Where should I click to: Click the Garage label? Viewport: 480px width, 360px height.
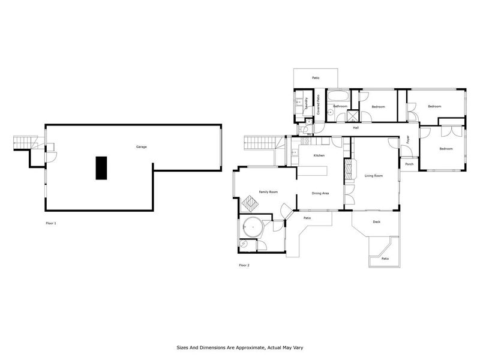(x=141, y=147)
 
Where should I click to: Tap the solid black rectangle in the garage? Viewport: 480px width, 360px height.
(x=101, y=167)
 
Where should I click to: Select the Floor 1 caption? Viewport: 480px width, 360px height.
(x=51, y=223)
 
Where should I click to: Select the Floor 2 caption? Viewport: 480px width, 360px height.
(x=244, y=265)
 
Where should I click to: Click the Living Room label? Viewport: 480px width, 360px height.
(x=373, y=176)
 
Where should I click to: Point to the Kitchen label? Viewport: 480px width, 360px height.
(x=319, y=156)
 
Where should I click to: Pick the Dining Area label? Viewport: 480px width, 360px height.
(x=320, y=193)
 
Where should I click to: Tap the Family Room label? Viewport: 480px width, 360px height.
(x=268, y=191)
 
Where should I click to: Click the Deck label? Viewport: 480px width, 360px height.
(x=377, y=222)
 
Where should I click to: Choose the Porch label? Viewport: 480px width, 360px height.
(x=409, y=164)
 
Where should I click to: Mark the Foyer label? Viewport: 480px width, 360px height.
(x=407, y=140)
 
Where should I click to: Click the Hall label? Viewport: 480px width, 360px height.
(x=356, y=128)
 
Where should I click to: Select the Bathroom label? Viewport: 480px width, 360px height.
(x=340, y=106)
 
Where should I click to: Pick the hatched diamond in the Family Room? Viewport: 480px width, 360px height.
(x=249, y=204)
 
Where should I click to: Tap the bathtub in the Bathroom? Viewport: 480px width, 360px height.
(x=339, y=95)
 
